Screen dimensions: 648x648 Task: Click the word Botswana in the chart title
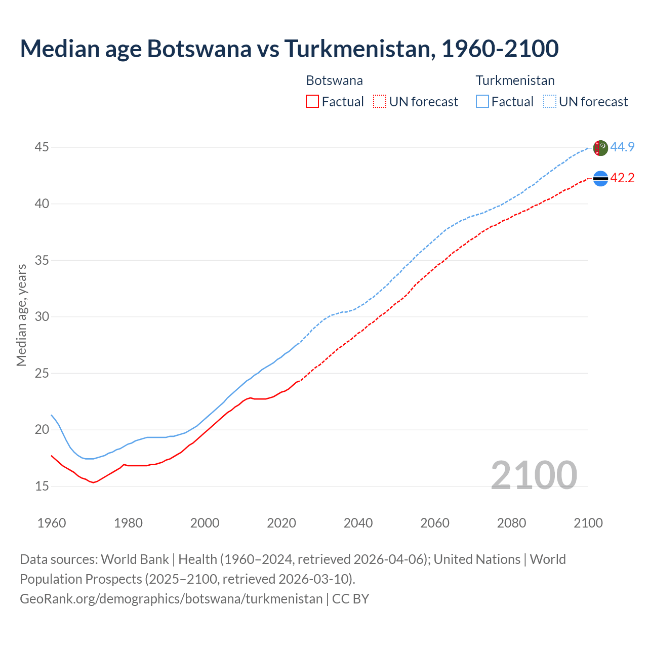[199, 49]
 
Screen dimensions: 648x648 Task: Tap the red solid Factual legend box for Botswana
[312, 102]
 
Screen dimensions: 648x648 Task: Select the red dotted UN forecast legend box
[380, 102]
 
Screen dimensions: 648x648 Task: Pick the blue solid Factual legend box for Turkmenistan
[482, 102]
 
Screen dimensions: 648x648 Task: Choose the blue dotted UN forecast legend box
[550, 102]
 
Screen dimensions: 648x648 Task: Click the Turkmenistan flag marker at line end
[600, 148]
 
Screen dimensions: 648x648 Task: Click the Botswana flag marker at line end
[600, 179]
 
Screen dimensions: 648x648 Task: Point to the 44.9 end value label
[622, 147]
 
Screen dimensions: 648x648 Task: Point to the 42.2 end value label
[622, 178]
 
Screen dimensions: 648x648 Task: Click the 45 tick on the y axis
[42, 147]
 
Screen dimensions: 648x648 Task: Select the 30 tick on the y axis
[42, 317]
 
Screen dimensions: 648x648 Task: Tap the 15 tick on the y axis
[42, 487]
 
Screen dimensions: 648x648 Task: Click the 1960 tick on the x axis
[52, 523]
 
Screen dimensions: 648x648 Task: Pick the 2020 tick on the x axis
[281, 523]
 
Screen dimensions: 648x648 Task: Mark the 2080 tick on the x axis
[511, 523]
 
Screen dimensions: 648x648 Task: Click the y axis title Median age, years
[21, 315]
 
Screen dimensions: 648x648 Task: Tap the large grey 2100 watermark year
[534, 475]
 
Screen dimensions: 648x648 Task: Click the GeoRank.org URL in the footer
[171, 599]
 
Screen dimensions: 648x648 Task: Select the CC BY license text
[351, 599]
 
